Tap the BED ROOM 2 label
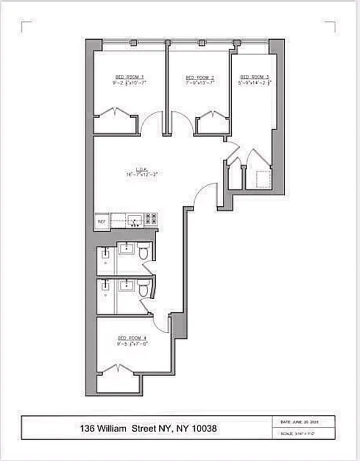[x=199, y=77]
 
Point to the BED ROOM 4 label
[x=131, y=338]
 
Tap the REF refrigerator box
[x=101, y=221]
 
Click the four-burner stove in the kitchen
[x=151, y=219]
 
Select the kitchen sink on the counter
[x=134, y=219]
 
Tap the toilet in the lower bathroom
[x=143, y=289]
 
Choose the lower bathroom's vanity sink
[x=126, y=285]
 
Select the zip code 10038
[x=204, y=429]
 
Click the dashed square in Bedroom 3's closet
[x=260, y=179]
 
